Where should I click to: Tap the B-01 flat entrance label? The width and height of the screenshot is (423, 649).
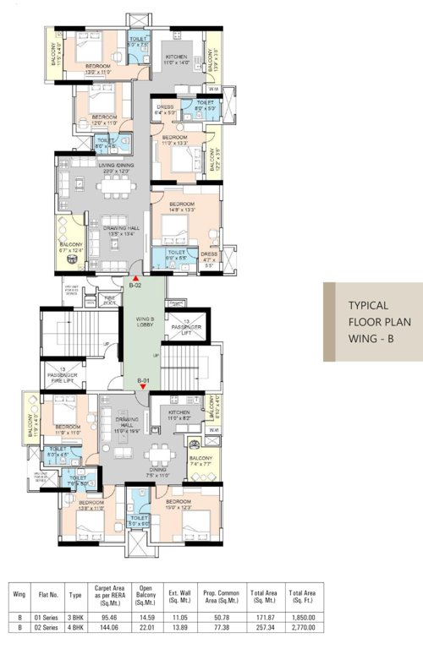144,381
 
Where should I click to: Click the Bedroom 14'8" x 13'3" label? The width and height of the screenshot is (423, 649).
182,207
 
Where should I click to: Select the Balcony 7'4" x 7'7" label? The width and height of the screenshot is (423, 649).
201,460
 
